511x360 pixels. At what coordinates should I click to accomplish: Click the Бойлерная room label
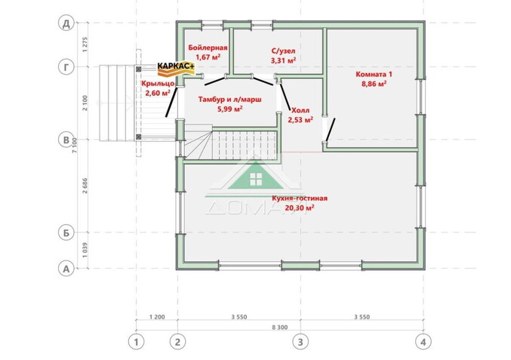(206, 47)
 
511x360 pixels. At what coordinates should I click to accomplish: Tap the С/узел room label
(283, 51)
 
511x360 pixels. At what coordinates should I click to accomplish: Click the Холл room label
(300, 109)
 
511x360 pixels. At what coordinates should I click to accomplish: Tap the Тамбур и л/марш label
(220, 100)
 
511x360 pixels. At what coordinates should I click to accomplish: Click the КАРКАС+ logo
(176, 67)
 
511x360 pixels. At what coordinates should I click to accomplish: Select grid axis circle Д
(66, 23)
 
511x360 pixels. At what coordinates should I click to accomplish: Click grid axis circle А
(66, 267)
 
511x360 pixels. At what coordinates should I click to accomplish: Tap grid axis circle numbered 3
(300, 342)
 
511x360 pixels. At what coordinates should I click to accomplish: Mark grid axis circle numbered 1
(137, 342)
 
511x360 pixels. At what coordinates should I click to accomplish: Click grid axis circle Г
(66, 67)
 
